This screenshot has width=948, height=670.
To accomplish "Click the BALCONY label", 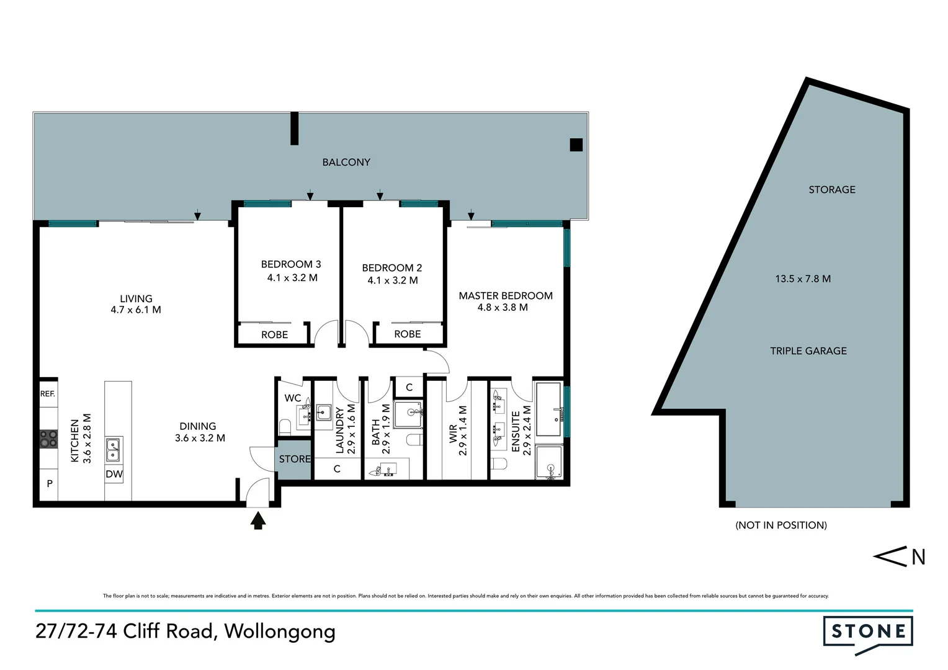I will [346, 162].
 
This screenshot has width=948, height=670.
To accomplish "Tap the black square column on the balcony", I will [576, 145].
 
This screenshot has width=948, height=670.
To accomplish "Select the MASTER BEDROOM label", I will [505, 296].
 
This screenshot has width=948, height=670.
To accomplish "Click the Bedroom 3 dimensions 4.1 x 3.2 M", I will [292, 278].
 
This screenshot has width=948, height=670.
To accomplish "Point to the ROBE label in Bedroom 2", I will [408, 334].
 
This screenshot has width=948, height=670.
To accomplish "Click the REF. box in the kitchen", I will [48, 394].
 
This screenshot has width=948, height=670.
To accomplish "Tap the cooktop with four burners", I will [48, 439].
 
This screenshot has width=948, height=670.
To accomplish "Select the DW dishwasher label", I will [114, 475].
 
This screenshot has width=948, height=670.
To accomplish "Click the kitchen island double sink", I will [113, 450].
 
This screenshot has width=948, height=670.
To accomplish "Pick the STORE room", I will [293, 459].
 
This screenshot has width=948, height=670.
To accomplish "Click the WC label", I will [293, 398].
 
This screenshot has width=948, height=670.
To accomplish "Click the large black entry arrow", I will [258, 519].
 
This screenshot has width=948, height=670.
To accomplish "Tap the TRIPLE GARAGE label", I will [808, 351].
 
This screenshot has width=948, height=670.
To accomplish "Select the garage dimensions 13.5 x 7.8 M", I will [802, 279].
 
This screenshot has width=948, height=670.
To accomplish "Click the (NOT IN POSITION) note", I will [780, 525].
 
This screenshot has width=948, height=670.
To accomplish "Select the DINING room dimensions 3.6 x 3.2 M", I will [200, 438].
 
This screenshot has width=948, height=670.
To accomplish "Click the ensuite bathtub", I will [549, 411].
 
